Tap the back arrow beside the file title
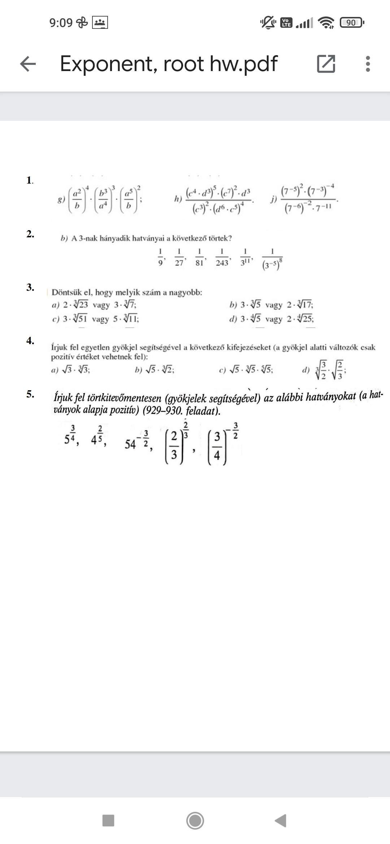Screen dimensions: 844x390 [28, 64]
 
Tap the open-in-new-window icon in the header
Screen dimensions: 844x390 [326, 64]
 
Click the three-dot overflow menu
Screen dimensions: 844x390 [368, 64]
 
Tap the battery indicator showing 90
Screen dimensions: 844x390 [352, 23]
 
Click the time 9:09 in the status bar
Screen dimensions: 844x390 [61, 23]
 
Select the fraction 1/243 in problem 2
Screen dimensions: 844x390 [222, 257]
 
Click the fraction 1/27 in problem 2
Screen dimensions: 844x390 [179, 257]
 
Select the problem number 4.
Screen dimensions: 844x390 [30, 340]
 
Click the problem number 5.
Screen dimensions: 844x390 [30, 394]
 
